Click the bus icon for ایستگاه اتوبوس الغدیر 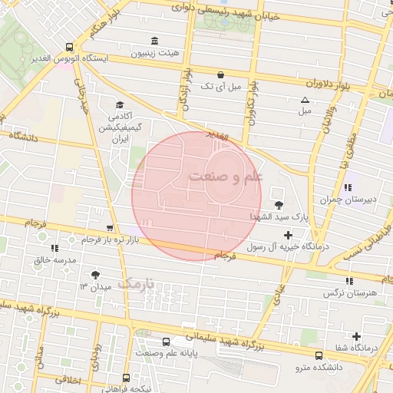[70, 47]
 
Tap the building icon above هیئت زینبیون [156, 41]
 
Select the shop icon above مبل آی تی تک [221, 74]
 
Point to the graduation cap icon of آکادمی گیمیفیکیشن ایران [119, 105]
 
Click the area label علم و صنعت [226, 177]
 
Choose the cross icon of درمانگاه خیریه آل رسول [288, 235]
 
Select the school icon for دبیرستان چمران [348, 187]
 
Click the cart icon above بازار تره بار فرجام [110, 228]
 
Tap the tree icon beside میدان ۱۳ [95, 275]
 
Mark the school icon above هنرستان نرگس [351, 281]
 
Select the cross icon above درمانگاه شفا [356, 336]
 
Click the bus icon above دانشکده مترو [319, 355]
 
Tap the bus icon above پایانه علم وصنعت [166, 342]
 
